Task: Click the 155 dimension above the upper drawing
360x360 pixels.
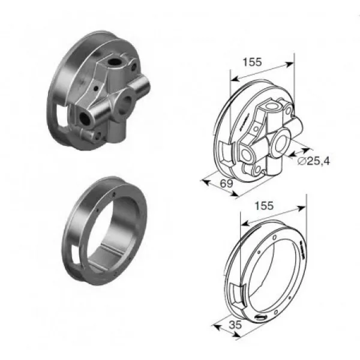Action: click(x=252, y=62)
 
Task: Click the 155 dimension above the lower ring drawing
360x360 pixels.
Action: click(x=264, y=206)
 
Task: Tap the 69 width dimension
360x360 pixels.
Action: click(x=226, y=184)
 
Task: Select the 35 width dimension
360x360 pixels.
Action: click(x=236, y=325)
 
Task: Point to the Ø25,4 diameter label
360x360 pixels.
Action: click(x=314, y=161)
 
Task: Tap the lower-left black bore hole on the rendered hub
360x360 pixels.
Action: click(x=84, y=118)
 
